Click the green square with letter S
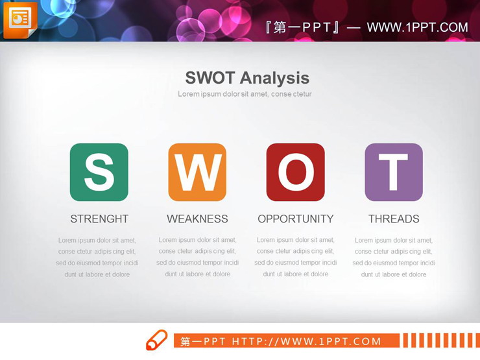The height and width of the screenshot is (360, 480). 99,172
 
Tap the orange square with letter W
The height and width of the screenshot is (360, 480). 197,172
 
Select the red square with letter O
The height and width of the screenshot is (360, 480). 295,172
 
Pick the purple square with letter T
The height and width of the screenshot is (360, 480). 394,172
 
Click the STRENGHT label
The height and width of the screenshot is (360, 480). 99,219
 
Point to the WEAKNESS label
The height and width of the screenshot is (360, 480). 197,219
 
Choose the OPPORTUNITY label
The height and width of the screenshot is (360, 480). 295,219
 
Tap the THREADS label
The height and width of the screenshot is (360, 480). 394,219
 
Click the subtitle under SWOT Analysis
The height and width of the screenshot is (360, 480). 245,94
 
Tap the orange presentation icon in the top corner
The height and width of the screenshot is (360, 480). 20,19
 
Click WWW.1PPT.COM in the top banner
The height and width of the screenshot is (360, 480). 417,27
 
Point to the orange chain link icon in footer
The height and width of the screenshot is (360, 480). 156,341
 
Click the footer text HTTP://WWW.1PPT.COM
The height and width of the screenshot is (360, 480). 307,341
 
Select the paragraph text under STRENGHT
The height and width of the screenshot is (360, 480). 97,258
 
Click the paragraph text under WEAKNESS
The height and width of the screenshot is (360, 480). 197,257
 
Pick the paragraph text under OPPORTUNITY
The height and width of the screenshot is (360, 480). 295,257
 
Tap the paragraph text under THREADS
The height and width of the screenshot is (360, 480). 394,258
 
